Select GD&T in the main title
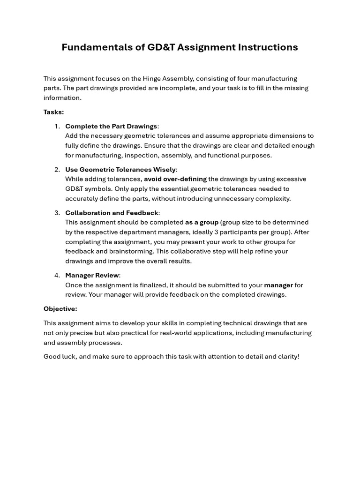pos(160,47)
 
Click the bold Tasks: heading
pos(53,112)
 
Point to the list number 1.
pos(57,126)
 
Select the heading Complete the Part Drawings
pos(111,126)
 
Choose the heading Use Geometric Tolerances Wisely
pos(120,169)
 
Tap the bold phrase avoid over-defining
pos(175,179)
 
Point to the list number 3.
pos(57,213)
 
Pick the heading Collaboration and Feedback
pos(112,213)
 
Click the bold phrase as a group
pos(202,222)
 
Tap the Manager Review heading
pos(92,275)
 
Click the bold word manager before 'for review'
pos(278,285)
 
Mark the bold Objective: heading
pos(60,309)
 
